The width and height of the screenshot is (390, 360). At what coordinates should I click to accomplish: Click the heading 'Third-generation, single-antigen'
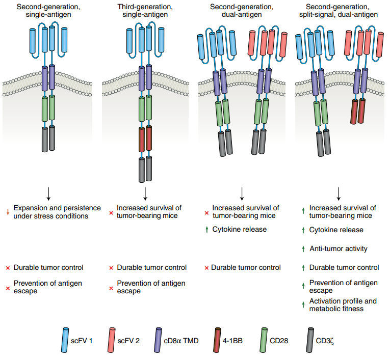click(x=145, y=11)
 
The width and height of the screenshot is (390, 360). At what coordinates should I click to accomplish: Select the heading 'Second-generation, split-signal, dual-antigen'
click(x=339, y=11)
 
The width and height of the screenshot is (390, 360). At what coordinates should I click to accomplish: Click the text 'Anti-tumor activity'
click(x=339, y=249)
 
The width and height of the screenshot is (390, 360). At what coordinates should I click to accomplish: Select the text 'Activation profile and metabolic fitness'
click(x=343, y=304)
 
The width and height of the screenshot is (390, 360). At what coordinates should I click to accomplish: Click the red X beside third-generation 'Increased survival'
click(x=111, y=212)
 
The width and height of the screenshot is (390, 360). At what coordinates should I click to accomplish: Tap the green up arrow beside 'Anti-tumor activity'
click(x=303, y=249)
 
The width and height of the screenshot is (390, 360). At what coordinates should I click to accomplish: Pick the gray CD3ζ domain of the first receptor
click(x=48, y=138)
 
